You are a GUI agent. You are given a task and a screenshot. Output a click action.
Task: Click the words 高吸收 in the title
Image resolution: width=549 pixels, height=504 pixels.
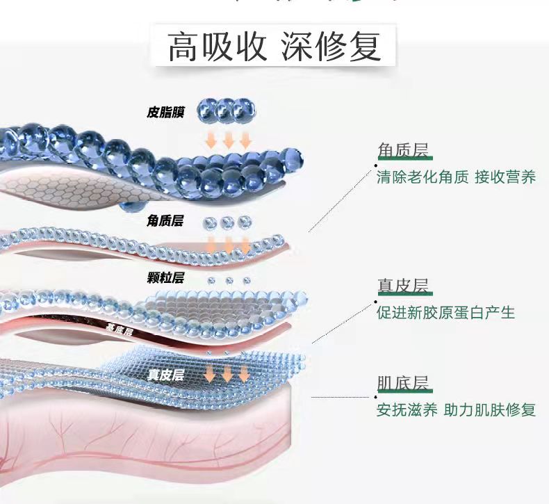(x=218, y=47)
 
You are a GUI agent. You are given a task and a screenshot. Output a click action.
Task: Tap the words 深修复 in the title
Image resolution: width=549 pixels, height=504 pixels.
(x=331, y=47)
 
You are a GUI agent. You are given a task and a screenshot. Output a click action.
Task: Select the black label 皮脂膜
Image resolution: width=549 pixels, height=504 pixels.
(x=165, y=111)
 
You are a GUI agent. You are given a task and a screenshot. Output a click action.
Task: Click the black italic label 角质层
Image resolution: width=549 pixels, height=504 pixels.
(x=165, y=220)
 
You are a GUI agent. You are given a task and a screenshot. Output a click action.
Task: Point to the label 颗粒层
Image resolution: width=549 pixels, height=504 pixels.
(x=165, y=278)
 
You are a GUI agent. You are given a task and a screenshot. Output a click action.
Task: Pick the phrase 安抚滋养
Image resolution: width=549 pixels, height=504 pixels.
(x=407, y=409)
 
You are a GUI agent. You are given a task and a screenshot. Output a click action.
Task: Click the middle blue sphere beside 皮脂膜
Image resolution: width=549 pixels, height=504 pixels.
(x=224, y=108)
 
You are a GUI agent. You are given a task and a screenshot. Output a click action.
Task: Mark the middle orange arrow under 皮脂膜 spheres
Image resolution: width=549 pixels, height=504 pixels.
(x=228, y=140)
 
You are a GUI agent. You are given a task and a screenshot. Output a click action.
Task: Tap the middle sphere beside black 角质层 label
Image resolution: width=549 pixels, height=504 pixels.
(x=227, y=222)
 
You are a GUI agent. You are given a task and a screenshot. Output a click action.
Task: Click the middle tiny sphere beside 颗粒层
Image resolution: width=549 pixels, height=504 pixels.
(x=229, y=280)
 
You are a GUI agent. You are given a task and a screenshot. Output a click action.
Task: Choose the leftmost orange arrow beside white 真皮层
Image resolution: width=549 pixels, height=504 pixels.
(x=211, y=373)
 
